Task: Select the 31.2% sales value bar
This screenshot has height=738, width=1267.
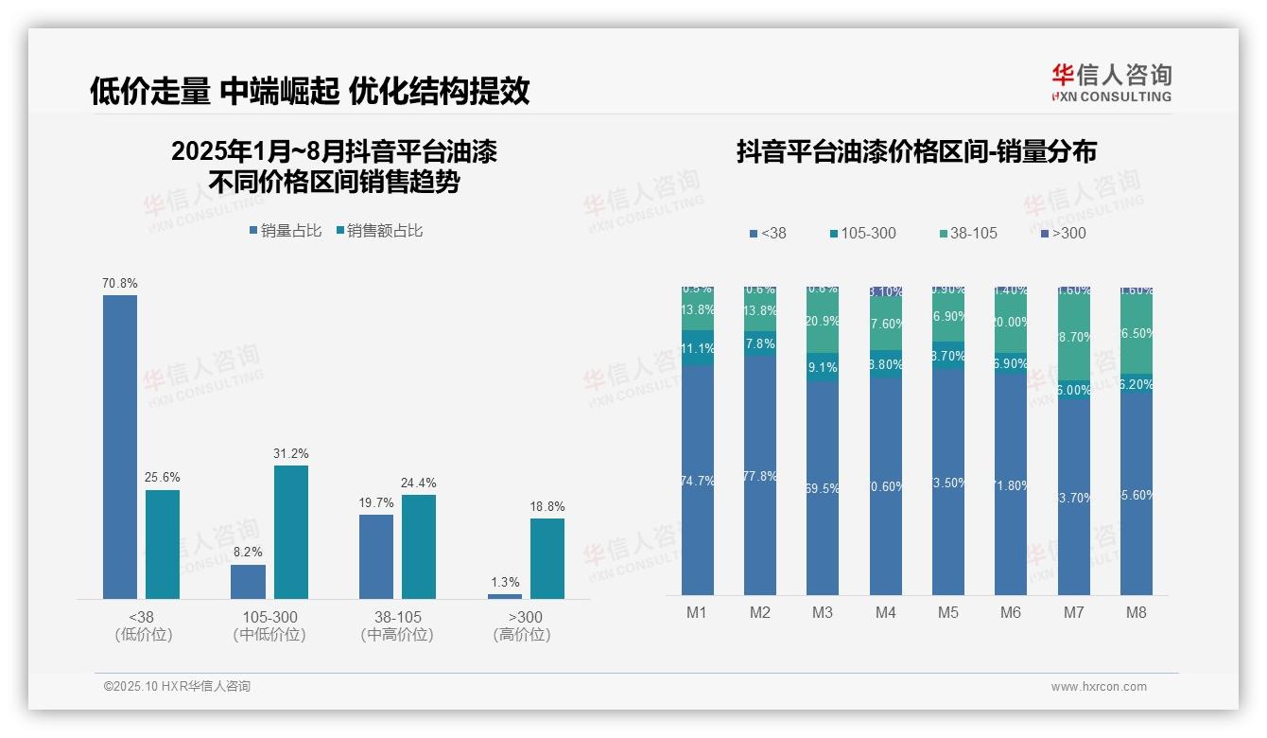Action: click(290, 532)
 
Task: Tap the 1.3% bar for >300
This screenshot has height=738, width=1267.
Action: click(505, 596)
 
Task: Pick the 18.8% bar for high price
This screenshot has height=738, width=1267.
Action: click(547, 558)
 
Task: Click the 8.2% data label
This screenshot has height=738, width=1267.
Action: click(248, 552)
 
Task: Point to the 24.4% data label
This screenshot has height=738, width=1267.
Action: click(419, 483)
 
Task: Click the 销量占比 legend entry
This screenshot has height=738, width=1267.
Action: click(286, 230)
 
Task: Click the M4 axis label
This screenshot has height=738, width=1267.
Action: click(885, 612)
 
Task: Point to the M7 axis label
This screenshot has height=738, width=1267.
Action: click(1073, 612)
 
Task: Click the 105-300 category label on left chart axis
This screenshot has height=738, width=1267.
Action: click(269, 617)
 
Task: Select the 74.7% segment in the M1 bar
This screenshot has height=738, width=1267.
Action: click(697, 480)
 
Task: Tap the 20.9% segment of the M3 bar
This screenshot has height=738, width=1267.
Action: click(823, 322)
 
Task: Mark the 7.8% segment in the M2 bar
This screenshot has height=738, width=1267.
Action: click(759, 343)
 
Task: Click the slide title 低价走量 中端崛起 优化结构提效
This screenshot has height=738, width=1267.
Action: click(309, 91)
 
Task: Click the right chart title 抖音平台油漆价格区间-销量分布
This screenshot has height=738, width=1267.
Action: click(916, 151)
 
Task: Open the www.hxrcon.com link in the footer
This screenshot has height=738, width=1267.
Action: click(1099, 687)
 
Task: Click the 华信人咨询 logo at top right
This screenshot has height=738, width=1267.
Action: click(1111, 82)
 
